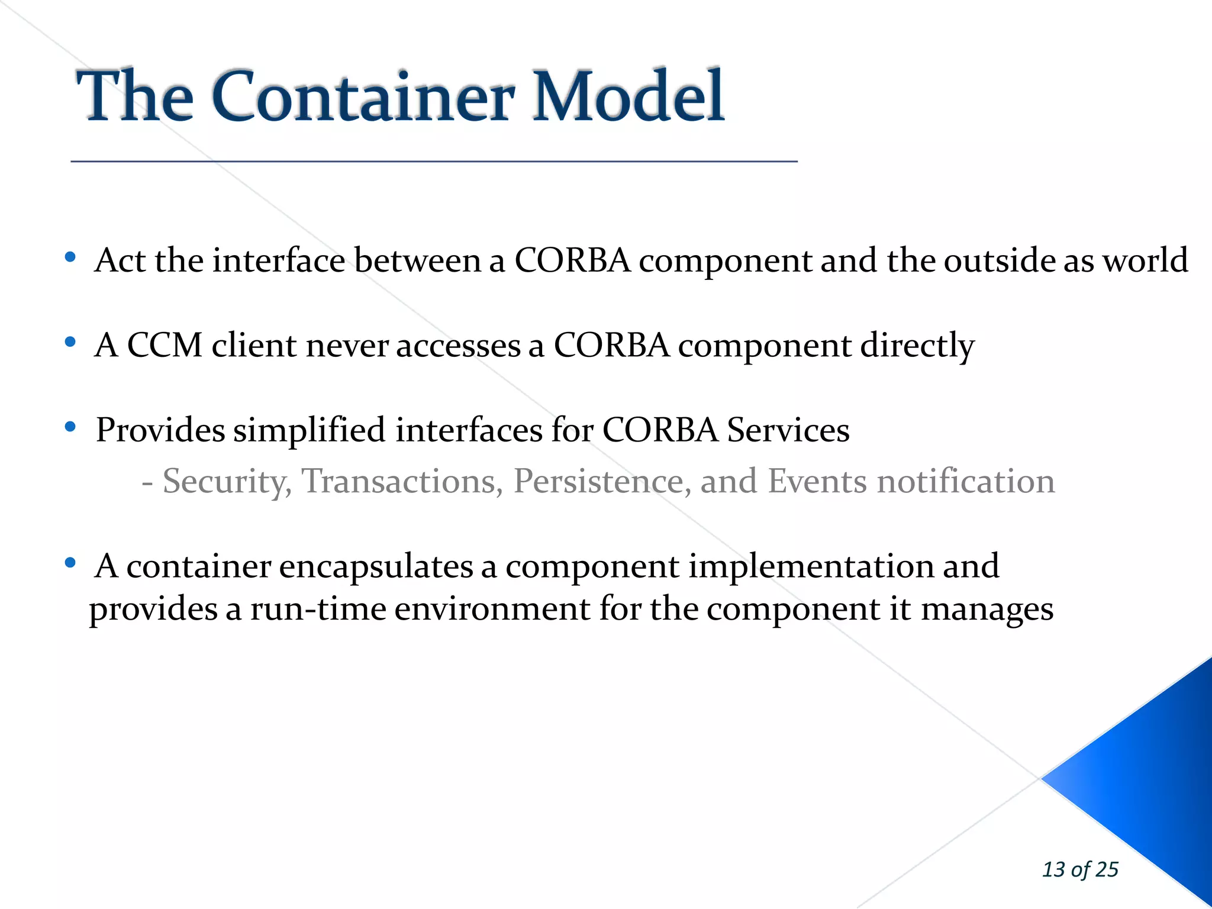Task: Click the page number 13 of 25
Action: pyautogui.click(x=1079, y=869)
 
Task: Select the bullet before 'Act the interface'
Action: pyautogui.click(x=70, y=257)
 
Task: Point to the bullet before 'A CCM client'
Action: pyautogui.click(x=70, y=342)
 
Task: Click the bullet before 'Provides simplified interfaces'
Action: pyautogui.click(x=70, y=427)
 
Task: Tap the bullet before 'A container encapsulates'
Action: pyautogui.click(x=70, y=563)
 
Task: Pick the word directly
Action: pyautogui.click(x=917, y=346)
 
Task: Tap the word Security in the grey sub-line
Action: pyautogui.click(x=227, y=481)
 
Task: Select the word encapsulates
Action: pyautogui.click(x=376, y=566)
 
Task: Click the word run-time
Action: pyautogui.click(x=318, y=609)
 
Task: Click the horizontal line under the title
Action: pyautogui.click(x=434, y=161)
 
